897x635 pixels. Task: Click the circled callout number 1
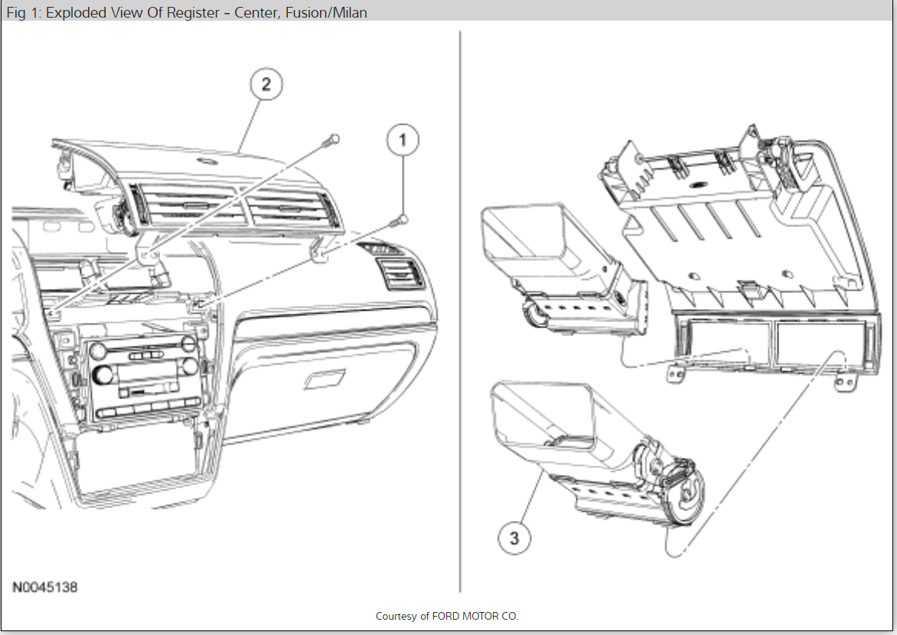pos(403,141)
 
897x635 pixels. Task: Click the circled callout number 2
pos(266,84)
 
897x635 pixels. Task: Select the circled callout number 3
pos(514,538)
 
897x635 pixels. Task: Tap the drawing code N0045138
pos(44,588)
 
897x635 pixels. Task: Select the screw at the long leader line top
pos(332,138)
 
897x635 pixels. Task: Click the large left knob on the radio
pos(102,376)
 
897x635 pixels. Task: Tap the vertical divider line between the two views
pos(459,306)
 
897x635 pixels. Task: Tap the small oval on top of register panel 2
pos(204,161)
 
